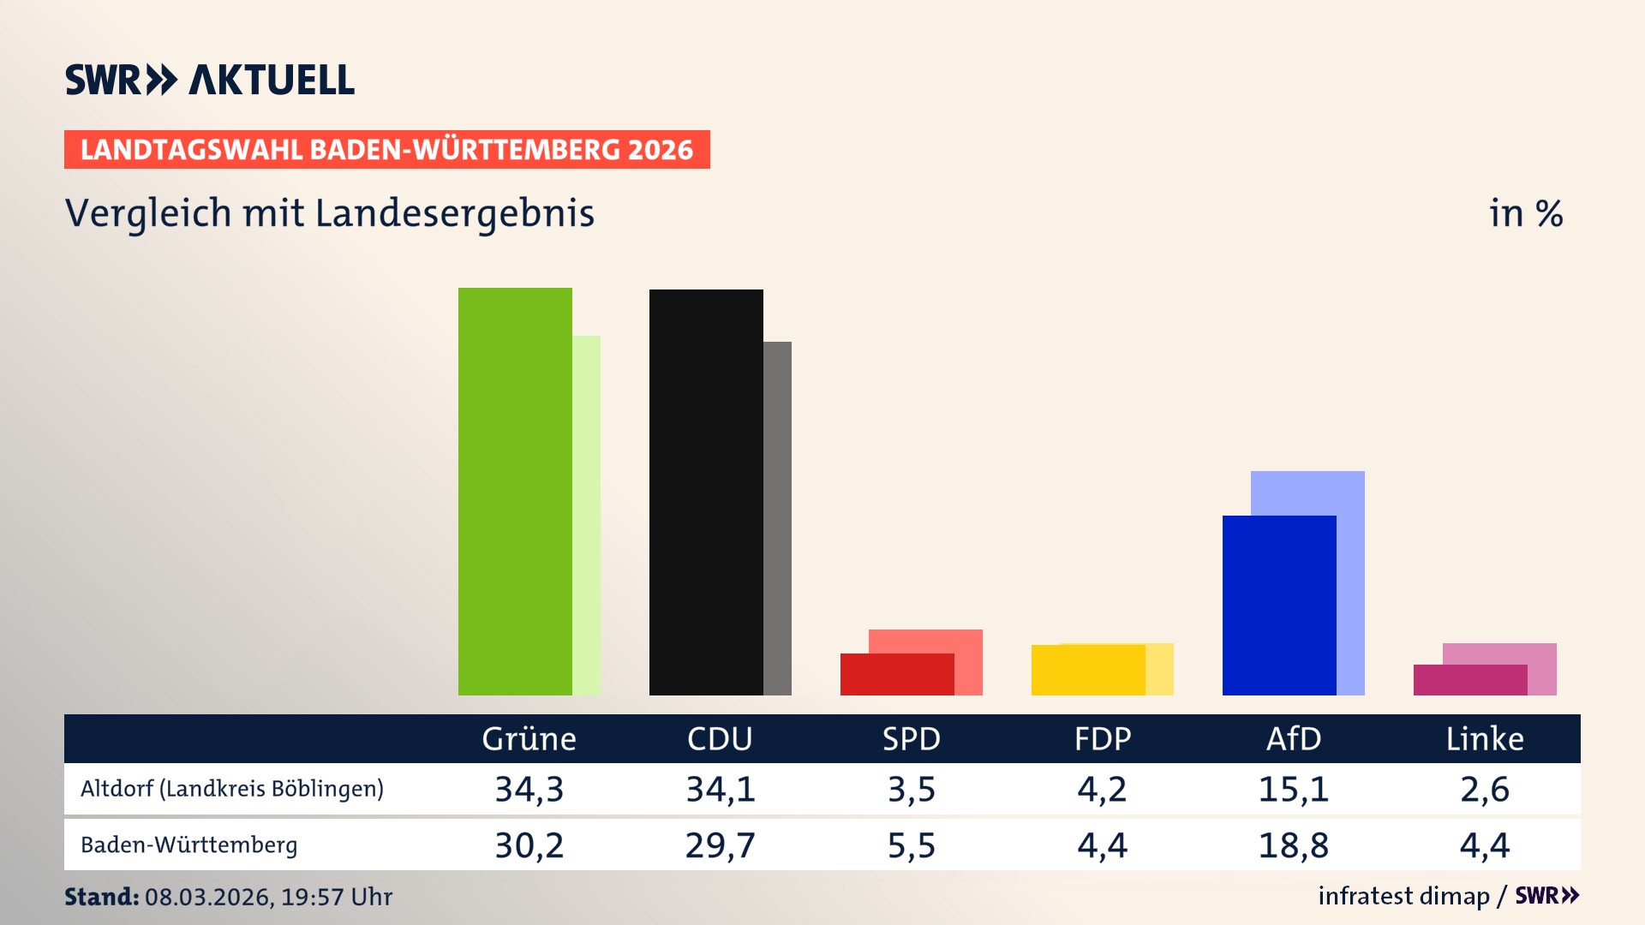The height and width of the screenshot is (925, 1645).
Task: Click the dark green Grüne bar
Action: (x=514, y=492)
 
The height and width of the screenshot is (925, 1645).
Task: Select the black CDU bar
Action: (x=705, y=492)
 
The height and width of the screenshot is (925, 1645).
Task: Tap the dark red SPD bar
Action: (x=896, y=675)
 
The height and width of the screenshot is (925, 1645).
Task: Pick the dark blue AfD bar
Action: (x=1278, y=606)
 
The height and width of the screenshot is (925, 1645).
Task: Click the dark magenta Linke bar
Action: (x=1469, y=680)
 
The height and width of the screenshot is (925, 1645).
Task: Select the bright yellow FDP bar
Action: (x=1087, y=671)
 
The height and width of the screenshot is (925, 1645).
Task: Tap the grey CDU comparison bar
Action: (x=778, y=518)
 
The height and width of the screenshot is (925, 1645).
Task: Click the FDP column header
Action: (x=1103, y=739)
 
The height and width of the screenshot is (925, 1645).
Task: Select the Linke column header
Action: (x=1485, y=739)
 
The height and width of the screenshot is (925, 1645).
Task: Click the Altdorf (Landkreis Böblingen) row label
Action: (x=232, y=789)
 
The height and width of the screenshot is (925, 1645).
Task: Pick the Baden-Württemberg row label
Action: (x=189, y=845)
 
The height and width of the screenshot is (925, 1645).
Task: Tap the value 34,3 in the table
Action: (x=529, y=790)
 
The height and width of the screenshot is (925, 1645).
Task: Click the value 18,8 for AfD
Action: (x=1293, y=846)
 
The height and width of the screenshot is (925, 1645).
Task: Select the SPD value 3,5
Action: (x=912, y=790)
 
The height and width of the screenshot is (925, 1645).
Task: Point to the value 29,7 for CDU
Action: (x=720, y=846)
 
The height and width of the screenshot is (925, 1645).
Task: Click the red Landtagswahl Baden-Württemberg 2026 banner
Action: (x=386, y=150)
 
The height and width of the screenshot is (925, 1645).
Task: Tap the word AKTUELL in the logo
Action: (x=271, y=81)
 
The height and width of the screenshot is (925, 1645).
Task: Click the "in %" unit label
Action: (x=1526, y=214)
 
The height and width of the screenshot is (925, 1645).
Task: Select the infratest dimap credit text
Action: (x=1403, y=896)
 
